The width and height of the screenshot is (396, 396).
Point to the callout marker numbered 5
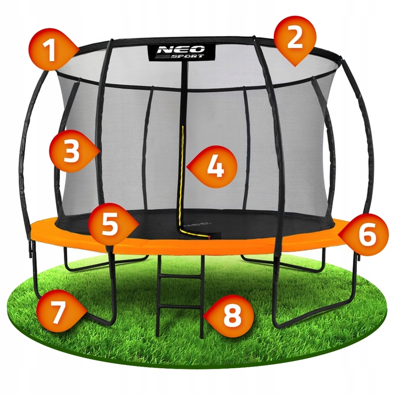click(111, 224)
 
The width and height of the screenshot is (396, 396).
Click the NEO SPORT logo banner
click(182, 52)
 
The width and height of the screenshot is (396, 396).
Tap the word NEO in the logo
click(180, 49)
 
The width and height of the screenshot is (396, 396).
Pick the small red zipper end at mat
click(209, 237)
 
